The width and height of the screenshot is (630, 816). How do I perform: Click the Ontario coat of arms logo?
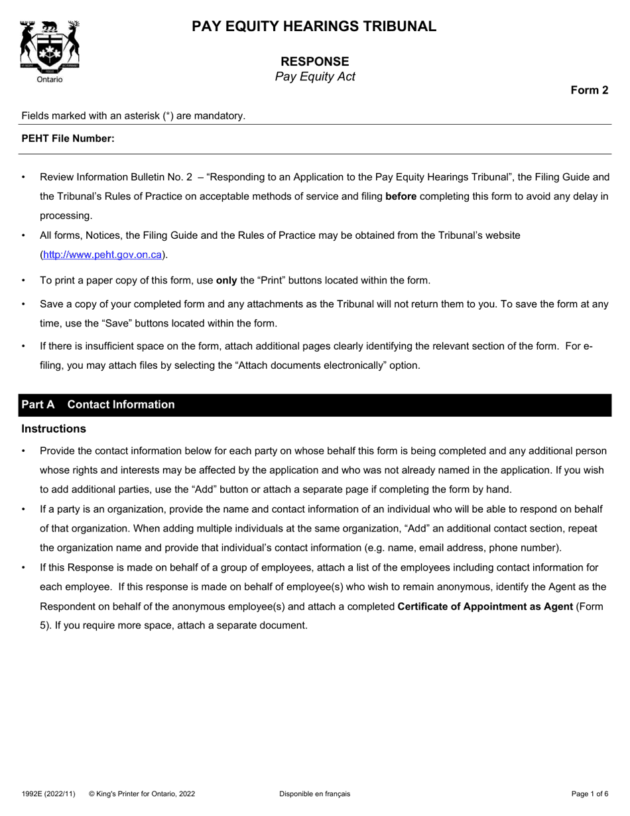[50, 46]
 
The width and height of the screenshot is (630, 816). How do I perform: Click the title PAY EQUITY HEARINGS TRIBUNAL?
[314, 27]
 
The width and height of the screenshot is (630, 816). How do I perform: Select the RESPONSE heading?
[314, 62]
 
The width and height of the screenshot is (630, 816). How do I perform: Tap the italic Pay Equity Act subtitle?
[314, 77]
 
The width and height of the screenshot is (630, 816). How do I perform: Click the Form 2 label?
[590, 91]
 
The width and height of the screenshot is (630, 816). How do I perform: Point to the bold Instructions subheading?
[54, 429]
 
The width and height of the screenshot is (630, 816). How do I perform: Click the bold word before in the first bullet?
[401, 196]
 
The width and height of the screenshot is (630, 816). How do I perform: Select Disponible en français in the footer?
[314, 793]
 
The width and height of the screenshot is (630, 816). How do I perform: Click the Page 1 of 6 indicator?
[590, 793]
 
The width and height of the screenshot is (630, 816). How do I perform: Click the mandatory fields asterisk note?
[133, 116]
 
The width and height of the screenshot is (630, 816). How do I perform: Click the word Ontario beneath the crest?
[50, 80]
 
